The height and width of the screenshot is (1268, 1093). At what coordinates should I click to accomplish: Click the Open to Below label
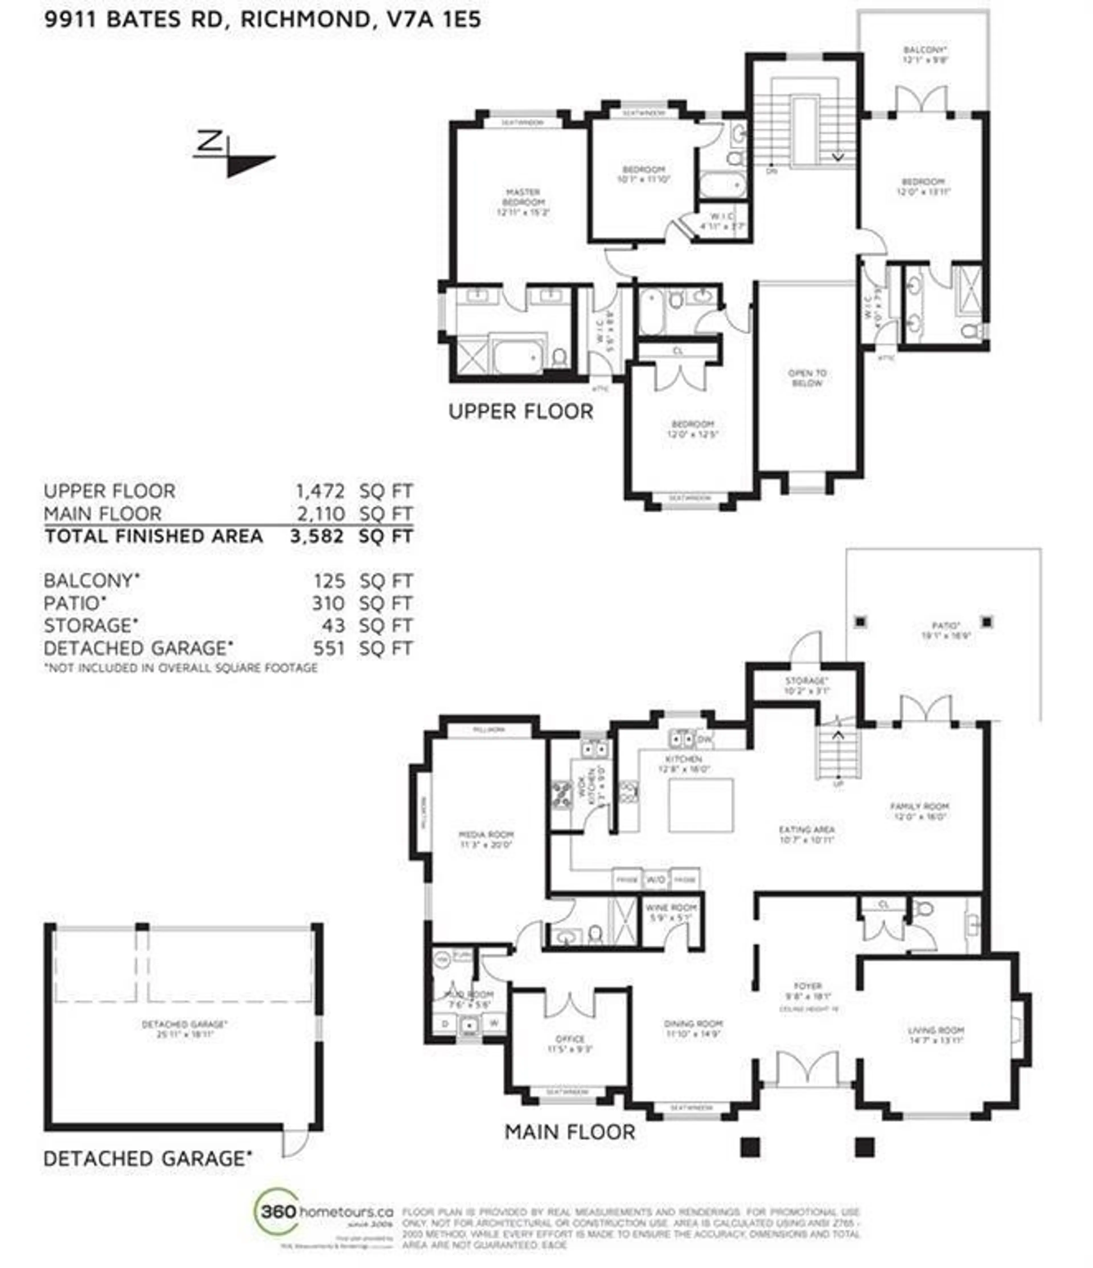tap(807, 378)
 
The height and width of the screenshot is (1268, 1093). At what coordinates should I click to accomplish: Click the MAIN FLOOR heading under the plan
tap(570, 1132)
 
